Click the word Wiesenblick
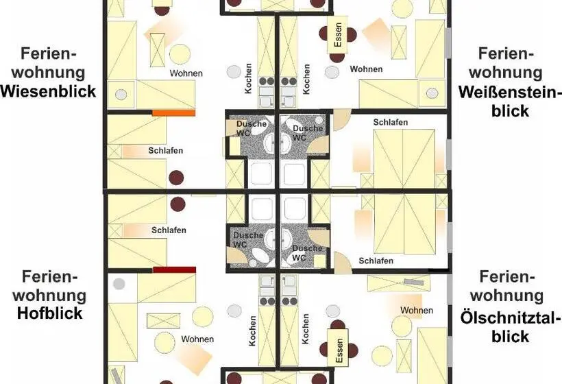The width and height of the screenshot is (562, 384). tap(49, 91)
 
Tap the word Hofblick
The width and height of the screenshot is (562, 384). tap(50, 313)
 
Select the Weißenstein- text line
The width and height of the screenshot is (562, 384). tap(510, 92)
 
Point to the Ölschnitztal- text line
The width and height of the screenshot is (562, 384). tap(510, 317)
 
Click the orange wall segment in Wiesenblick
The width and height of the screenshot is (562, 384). tap(174, 113)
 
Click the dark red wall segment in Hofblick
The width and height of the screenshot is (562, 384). tap(174, 269)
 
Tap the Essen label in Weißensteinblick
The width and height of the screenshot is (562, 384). tap(338, 35)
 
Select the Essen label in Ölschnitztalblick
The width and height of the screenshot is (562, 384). tap(339, 350)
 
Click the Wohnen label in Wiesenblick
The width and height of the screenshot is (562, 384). tap(186, 73)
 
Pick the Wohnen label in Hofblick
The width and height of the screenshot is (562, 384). tap(197, 339)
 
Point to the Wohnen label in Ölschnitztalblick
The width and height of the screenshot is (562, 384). tap(417, 310)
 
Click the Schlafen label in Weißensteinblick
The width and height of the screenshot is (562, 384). tap(391, 122)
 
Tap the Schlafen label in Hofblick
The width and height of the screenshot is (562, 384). tap(169, 230)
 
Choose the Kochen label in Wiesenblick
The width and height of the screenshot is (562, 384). tap(248, 79)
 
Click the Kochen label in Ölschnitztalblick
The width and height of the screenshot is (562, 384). tap(306, 329)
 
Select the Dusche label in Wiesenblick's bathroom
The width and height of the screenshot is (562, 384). tap(252, 124)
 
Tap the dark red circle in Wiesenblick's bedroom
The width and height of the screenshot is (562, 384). tap(176, 178)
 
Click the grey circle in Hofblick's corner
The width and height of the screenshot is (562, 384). tap(119, 284)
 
